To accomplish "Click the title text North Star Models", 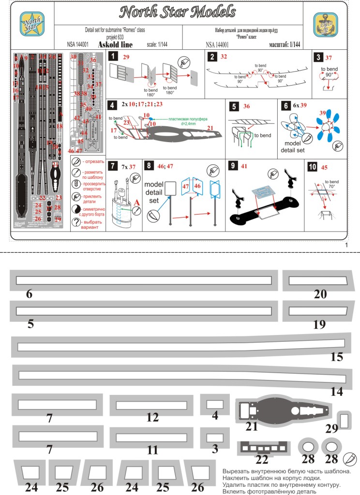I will [178, 12].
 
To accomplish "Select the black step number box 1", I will [112, 57].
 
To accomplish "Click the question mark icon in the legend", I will [75, 222].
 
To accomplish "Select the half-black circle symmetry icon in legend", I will [75, 210].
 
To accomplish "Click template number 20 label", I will [320, 294].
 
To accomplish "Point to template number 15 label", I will [336, 357].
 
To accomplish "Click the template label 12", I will [152, 418].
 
